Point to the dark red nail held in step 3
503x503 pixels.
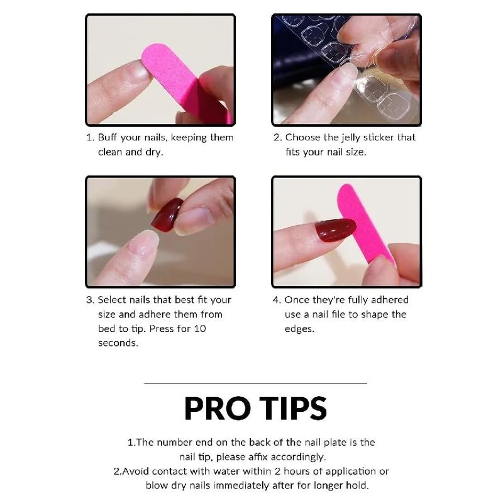[x=167, y=214]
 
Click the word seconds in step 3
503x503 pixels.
[x=118, y=343]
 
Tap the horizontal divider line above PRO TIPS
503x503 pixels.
[x=255, y=383]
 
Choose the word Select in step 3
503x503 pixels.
[x=113, y=300]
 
